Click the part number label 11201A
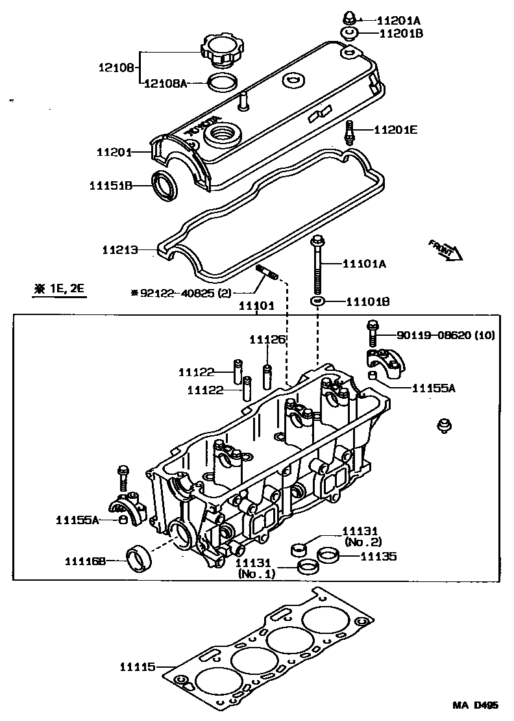[x=399, y=20]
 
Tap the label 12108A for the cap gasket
[x=165, y=83]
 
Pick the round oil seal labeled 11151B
[x=165, y=184]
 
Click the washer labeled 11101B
[x=317, y=301]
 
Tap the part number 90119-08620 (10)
[x=445, y=336]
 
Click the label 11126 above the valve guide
[x=267, y=340]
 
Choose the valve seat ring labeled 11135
[x=328, y=556]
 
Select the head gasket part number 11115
[x=137, y=666]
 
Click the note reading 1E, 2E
[x=60, y=288]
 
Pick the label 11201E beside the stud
[x=395, y=130]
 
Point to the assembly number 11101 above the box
[x=256, y=305]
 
